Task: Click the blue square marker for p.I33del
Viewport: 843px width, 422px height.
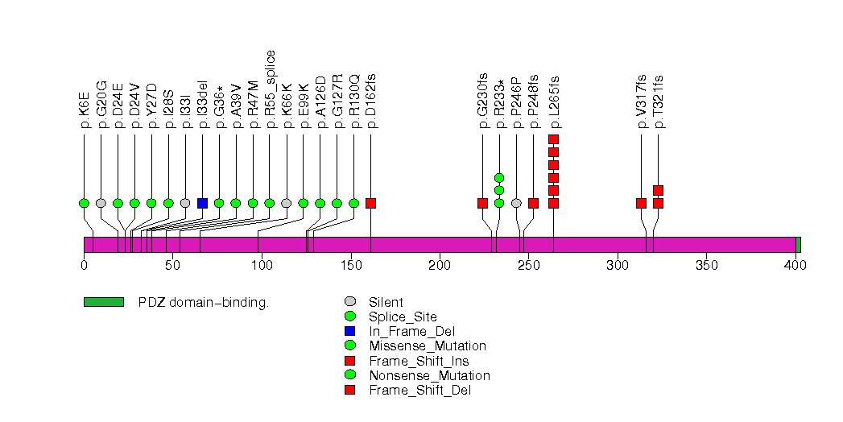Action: pyautogui.click(x=202, y=203)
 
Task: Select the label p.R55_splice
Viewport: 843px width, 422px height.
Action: pyautogui.click(x=270, y=89)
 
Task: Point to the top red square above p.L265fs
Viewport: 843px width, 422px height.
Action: pyautogui.click(x=553, y=139)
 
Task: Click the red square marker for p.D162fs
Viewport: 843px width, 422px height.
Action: pyautogui.click(x=370, y=203)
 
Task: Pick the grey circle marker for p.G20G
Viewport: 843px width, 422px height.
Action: pyautogui.click(x=101, y=203)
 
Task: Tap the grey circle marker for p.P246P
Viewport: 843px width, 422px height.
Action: pyautogui.click(x=516, y=203)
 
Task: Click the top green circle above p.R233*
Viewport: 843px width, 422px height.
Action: pyautogui.click(x=499, y=177)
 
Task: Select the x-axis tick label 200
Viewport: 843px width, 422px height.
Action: pyautogui.click(x=440, y=266)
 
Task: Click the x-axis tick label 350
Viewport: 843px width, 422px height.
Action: pyautogui.click(x=706, y=266)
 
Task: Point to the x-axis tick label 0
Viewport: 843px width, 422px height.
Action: pyautogui.click(x=84, y=266)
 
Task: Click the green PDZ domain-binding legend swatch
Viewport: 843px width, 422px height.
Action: pyautogui.click(x=103, y=302)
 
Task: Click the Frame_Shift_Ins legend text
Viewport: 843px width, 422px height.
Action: pyautogui.click(x=419, y=361)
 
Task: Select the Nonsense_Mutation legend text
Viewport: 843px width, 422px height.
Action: pyautogui.click(x=429, y=375)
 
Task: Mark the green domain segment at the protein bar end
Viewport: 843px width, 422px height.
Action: pyautogui.click(x=798, y=245)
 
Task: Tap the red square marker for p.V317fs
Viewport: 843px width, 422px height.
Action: pyautogui.click(x=641, y=203)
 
